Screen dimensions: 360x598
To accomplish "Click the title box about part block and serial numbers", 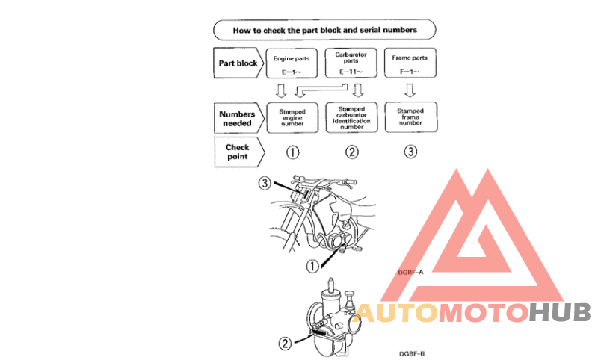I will [325, 31].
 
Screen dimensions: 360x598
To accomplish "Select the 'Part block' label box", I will [237, 63].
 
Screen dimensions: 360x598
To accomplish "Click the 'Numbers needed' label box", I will [237, 118].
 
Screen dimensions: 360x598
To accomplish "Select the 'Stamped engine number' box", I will [292, 118].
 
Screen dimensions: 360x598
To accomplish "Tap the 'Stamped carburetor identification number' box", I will [351, 118].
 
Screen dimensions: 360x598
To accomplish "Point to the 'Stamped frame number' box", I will [410, 118].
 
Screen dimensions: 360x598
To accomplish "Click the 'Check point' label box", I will [237, 152].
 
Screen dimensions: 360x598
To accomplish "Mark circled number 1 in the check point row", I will [292, 152].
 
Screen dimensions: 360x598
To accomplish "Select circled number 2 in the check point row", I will [351, 152].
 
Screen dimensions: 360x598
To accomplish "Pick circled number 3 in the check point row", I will [410, 152].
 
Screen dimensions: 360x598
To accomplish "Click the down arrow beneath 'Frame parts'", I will [410, 90].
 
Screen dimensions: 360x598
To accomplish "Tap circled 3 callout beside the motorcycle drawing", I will [264, 183].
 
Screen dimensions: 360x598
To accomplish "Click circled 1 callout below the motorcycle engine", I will [312, 265].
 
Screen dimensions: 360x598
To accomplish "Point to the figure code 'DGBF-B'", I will [412, 353].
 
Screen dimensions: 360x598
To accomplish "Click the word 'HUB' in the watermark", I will [560, 312].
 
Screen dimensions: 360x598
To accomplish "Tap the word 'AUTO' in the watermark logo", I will [395, 312].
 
